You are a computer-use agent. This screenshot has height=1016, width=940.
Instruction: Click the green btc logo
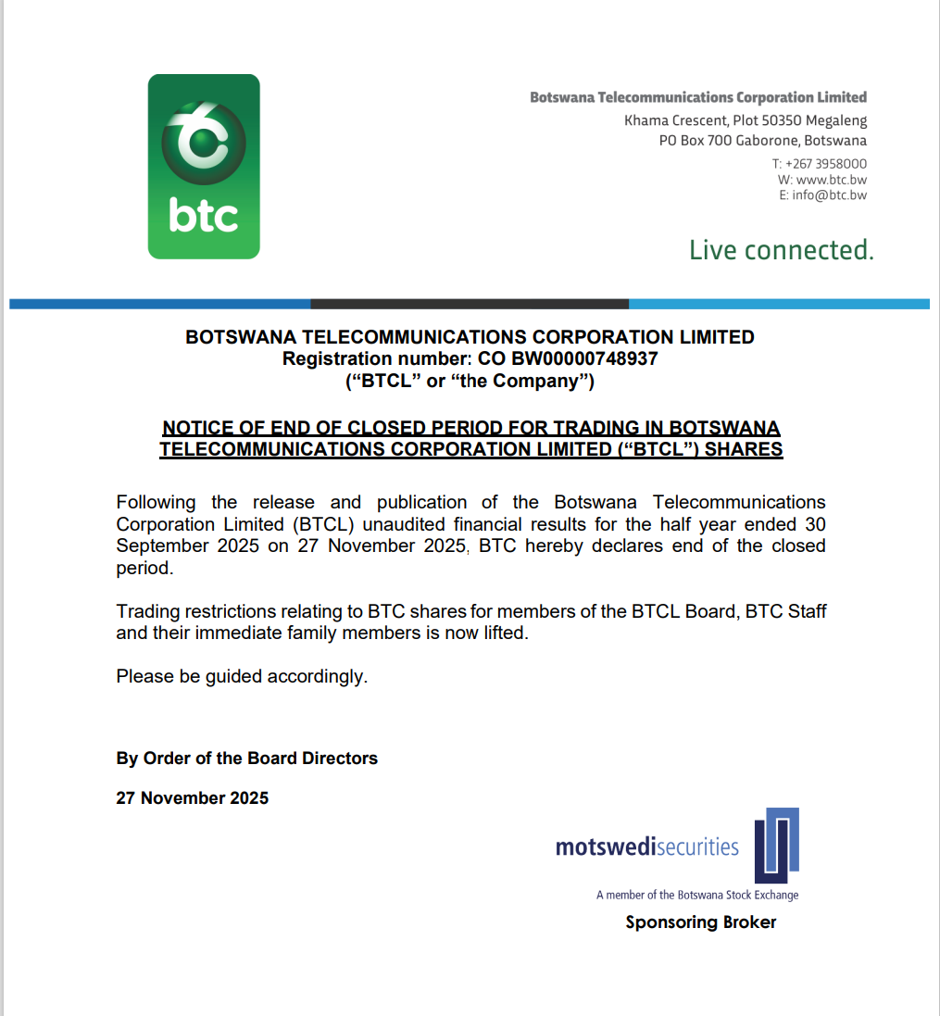[204, 167]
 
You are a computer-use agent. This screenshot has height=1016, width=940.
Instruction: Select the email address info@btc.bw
[830, 195]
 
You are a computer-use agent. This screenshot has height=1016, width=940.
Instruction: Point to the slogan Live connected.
[781, 250]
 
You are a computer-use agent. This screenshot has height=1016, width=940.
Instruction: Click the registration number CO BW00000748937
[567, 358]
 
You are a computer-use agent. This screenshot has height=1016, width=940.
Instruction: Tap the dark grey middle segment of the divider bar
[470, 304]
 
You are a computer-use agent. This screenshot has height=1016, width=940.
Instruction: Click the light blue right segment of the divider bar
[778, 304]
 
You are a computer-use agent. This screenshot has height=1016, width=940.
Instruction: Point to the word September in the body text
[162, 546]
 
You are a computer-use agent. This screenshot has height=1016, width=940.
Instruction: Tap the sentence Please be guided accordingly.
[242, 677]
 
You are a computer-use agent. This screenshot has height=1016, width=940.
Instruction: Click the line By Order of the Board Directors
[246, 759]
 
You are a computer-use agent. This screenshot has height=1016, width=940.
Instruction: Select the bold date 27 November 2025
[192, 798]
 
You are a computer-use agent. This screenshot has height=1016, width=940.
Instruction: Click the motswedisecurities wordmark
[646, 847]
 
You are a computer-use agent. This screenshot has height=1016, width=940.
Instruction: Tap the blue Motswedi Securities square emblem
[776, 845]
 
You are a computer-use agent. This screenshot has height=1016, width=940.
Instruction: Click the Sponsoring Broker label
[700, 922]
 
